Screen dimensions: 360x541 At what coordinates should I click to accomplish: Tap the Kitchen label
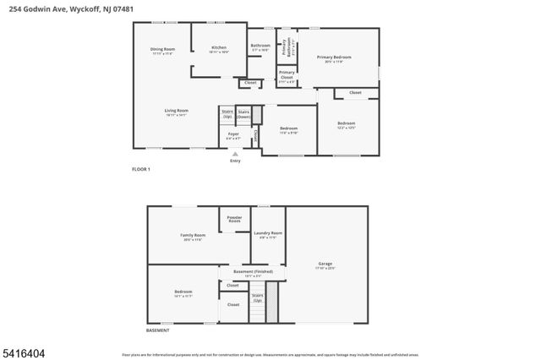(219, 48)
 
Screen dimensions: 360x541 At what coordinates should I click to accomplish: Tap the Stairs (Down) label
(244, 113)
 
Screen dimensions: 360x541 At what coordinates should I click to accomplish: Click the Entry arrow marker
(235, 153)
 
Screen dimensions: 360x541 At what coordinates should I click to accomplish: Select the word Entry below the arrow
(235, 161)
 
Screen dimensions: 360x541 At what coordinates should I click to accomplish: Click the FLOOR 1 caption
(140, 170)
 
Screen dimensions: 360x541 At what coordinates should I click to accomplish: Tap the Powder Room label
(235, 219)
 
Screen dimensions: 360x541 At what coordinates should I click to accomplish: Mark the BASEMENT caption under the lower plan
(157, 330)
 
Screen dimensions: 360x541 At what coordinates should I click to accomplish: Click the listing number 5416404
(24, 346)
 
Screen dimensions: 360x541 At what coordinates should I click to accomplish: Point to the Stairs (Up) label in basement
(257, 297)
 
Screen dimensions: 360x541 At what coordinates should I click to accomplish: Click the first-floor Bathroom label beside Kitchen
(260, 46)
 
